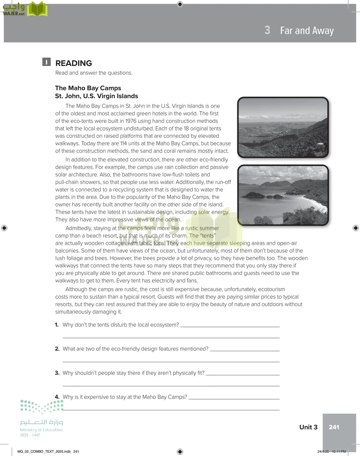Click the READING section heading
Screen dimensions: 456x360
(x=73, y=63)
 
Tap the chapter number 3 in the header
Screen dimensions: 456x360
(x=267, y=30)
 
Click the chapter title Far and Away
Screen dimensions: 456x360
(x=307, y=31)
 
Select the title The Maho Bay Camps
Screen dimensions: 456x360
(x=88, y=88)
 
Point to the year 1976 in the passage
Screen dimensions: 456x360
(x=131, y=121)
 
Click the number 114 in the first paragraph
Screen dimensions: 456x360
(x=123, y=143)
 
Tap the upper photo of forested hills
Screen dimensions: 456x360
(x=283, y=127)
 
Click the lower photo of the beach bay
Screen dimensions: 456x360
(x=283, y=195)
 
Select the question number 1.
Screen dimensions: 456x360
(x=57, y=325)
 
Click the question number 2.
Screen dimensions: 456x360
(x=57, y=349)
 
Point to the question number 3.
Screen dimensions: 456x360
(x=57, y=373)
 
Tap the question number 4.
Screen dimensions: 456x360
(x=57, y=397)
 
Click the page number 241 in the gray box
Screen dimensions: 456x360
(x=334, y=427)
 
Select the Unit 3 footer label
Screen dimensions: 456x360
(x=308, y=427)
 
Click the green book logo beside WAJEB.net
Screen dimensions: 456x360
(x=37, y=9)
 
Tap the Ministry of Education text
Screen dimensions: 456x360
(x=42, y=430)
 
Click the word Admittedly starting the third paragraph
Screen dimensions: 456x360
(x=79, y=228)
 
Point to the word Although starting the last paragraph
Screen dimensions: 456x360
(x=77, y=289)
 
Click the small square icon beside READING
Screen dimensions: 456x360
(x=46, y=62)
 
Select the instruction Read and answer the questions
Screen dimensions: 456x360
(x=94, y=73)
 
